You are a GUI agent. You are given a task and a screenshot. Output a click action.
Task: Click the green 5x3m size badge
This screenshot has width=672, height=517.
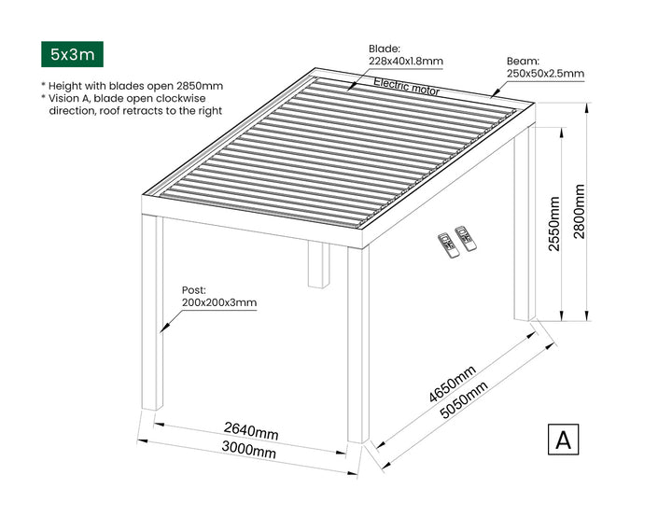73,54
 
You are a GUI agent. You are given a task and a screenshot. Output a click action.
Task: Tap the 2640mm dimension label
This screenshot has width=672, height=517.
251,431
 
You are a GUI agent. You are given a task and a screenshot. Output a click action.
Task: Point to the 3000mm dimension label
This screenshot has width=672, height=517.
248,453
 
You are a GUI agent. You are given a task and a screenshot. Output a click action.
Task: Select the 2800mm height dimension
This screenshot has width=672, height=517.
580,212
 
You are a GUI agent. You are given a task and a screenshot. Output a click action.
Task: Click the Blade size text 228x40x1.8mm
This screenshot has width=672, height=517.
405,62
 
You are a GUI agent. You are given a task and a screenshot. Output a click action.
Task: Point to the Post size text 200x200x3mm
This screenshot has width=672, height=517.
219,302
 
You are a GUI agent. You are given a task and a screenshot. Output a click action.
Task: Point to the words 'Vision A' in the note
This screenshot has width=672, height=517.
71,98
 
